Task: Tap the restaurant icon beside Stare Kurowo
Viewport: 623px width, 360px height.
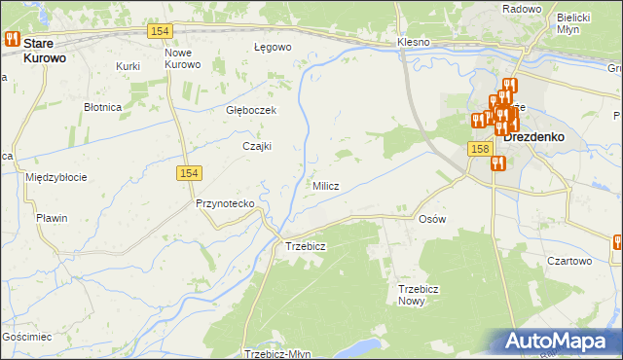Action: (x=13, y=39)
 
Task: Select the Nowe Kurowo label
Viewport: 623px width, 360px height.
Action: (x=182, y=57)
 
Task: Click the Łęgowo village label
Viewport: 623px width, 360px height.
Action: (x=273, y=47)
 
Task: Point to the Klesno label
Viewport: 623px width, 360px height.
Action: (x=414, y=44)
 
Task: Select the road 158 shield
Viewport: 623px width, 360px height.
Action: (x=478, y=149)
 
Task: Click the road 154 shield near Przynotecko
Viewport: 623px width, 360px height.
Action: (x=190, y=172)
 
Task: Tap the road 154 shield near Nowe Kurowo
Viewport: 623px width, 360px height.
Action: (x=161, y=32)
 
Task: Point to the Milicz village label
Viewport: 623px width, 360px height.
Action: (x=325, y=186)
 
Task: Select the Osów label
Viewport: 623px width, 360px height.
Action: (x=431, y=219)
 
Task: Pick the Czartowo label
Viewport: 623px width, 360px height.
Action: (x=569, y=261)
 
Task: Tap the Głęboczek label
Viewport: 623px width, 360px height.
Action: (x=251, y=110)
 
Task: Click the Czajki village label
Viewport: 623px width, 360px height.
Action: (x=257, y=146)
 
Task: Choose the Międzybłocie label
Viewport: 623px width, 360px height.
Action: (x=56, y=177)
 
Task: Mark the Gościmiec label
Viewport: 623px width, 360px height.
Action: (x=26, y=335)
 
